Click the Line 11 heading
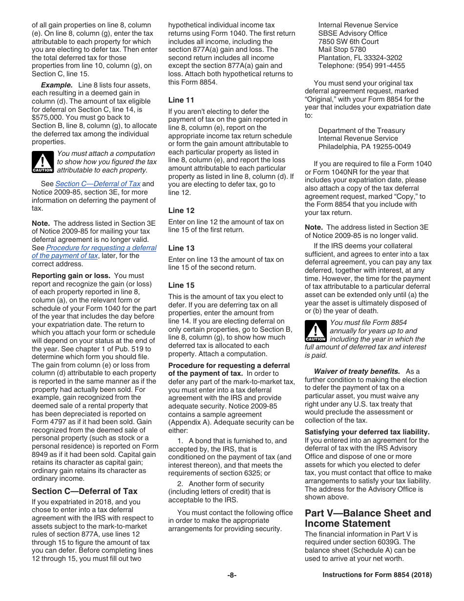181,100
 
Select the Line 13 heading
181,248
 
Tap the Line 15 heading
181,285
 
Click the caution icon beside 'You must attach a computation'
42,162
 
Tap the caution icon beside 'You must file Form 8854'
316,331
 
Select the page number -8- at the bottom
232,575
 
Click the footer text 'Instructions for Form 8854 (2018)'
377,575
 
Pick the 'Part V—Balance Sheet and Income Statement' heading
368,518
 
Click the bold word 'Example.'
57,85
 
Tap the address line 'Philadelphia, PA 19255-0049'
364,147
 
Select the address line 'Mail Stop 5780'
342,49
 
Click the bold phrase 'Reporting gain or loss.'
71,276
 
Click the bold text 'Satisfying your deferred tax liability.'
367,432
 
